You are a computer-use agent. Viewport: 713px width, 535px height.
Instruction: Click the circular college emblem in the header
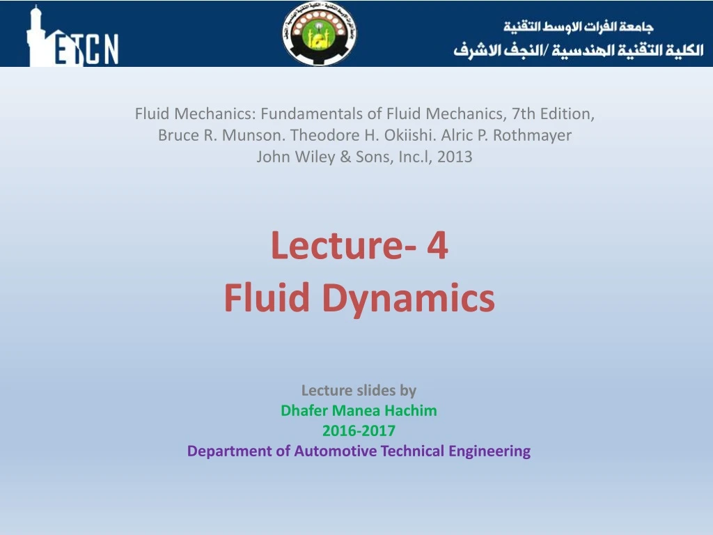(x=320, y=34)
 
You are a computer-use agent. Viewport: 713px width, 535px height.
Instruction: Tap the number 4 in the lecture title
(x=438, y=246)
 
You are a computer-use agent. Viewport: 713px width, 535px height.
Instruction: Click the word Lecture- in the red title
(x=338, y=246)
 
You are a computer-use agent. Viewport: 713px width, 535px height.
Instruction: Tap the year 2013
(x=455, y=157)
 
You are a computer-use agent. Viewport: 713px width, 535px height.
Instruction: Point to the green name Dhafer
(x=304, y=410)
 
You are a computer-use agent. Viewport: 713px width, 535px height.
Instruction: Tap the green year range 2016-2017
(x=359, y=431)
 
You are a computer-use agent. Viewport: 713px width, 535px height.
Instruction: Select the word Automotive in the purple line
(x=334, y=451)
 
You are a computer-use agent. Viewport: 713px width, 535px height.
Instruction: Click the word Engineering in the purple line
(x=489, y=451)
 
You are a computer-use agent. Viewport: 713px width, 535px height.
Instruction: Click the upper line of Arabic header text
(x=579, y=27)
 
